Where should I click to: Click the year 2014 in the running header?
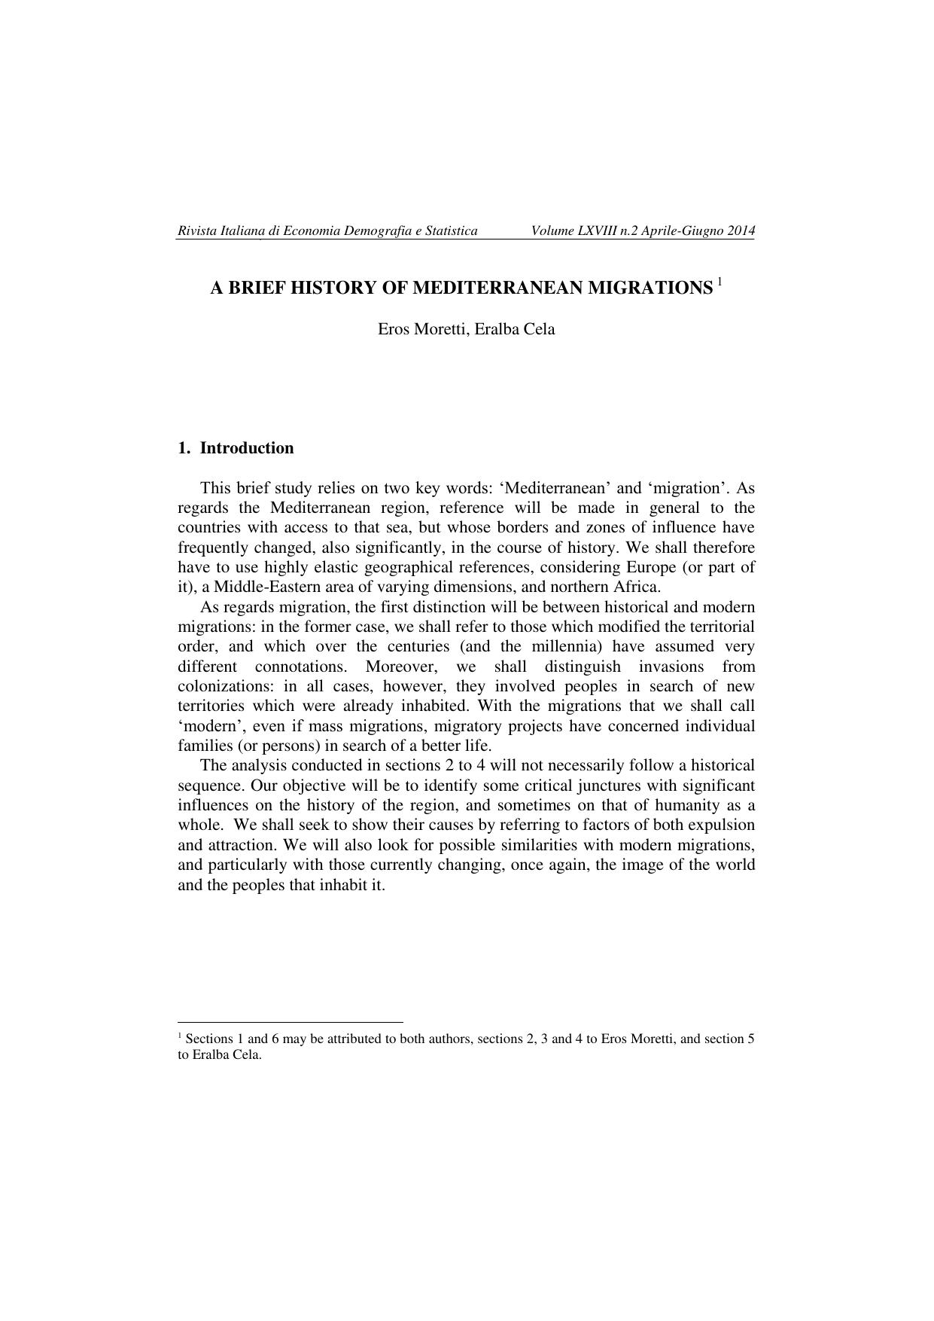pyautogui.click(x=741, y=230)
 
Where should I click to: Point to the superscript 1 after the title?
pyautogui.click(x=719, y=282)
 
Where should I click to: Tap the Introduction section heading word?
pyautogui.click(x=247, y=448)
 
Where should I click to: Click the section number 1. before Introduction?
pyautogui.click(x=184, y=448)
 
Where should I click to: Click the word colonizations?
pyautogui.click(x=226, y=686)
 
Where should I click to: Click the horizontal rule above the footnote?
pyautogui.click(x=291, y=1022)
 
